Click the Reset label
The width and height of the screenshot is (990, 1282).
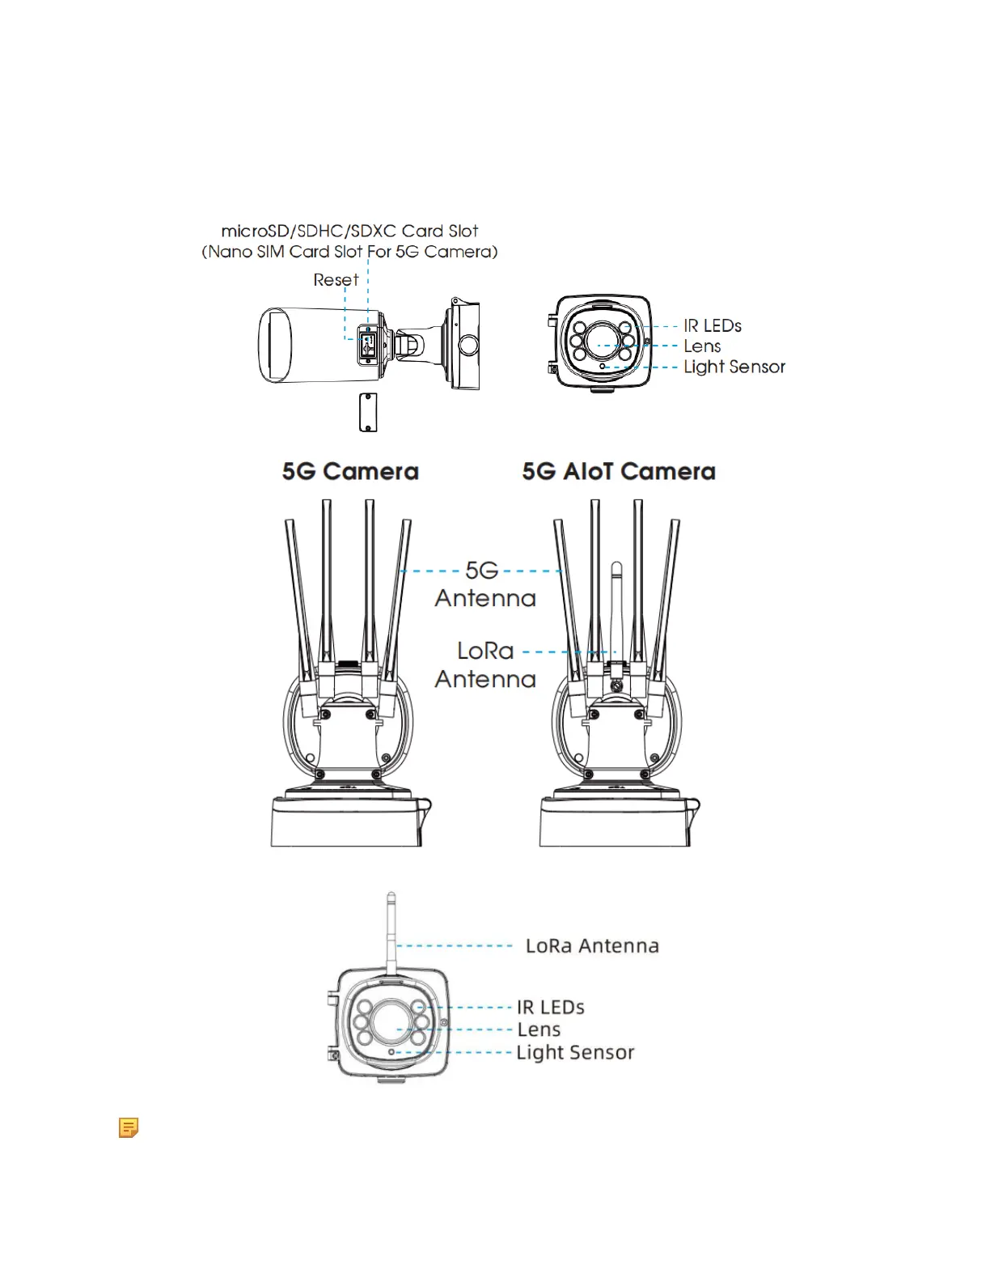point(336,280)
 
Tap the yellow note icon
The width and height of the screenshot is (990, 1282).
point(129,1127)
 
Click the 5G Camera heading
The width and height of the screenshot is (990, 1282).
point(350,472)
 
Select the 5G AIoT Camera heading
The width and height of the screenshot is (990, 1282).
point(619,472)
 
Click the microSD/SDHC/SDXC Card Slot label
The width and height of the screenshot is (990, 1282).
point(349,231)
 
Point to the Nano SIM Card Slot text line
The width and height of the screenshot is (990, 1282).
point(349,252)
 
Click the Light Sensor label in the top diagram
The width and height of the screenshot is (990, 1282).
point(734,367)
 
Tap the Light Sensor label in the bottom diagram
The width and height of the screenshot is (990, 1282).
point(575,1052)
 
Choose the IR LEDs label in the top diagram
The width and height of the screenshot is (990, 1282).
point(712,325)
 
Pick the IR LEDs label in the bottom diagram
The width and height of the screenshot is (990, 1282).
point(550,1008)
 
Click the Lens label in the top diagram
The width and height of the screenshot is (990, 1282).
point(701,346)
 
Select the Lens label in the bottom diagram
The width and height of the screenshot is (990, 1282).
point(539,1029)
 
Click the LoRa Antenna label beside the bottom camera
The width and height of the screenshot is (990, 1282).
point(592,946)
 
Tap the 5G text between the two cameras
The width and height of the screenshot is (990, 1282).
point(482,571)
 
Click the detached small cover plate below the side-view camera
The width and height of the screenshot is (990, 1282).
point(368,412)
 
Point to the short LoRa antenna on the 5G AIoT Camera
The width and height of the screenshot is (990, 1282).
point(616,607)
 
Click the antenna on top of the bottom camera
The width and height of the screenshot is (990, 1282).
point(391,931)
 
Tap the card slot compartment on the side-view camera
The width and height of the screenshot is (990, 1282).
point(368,343)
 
